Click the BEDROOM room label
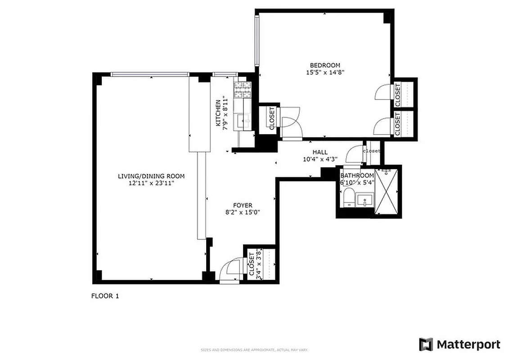pos(325,65)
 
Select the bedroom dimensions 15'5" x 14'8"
pos(325,72)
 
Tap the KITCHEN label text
pos(218,112)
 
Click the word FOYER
pos(242,205)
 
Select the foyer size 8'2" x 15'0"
pos(242,212)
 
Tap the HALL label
pos(320,152)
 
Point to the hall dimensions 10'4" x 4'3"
pos(320,159)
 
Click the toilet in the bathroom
pos(348,198)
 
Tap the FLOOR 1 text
pos(105,296)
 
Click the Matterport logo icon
pos(426,345)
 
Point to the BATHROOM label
pos(357,175)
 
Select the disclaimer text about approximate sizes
pos(254,350)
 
